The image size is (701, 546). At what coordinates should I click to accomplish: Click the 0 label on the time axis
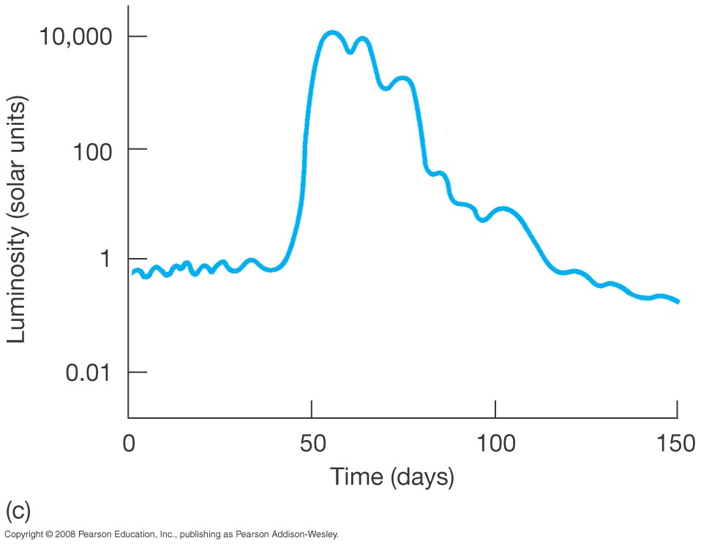point(130,443)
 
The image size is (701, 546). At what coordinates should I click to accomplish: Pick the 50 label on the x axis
point(312,443)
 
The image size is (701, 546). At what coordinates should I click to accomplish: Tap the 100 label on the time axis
point(495,443)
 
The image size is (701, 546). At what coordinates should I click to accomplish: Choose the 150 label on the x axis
point(677,443)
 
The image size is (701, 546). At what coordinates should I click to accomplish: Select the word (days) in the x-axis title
point(423,478)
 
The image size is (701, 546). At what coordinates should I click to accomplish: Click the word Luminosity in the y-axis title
point(17,287)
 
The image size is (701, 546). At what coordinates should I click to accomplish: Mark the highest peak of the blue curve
point(332,33)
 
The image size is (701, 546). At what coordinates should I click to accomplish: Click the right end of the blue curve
point(678,301)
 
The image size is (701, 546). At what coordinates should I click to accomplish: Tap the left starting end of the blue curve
point(134,273)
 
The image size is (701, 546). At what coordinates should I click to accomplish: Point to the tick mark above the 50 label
point(312,409)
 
